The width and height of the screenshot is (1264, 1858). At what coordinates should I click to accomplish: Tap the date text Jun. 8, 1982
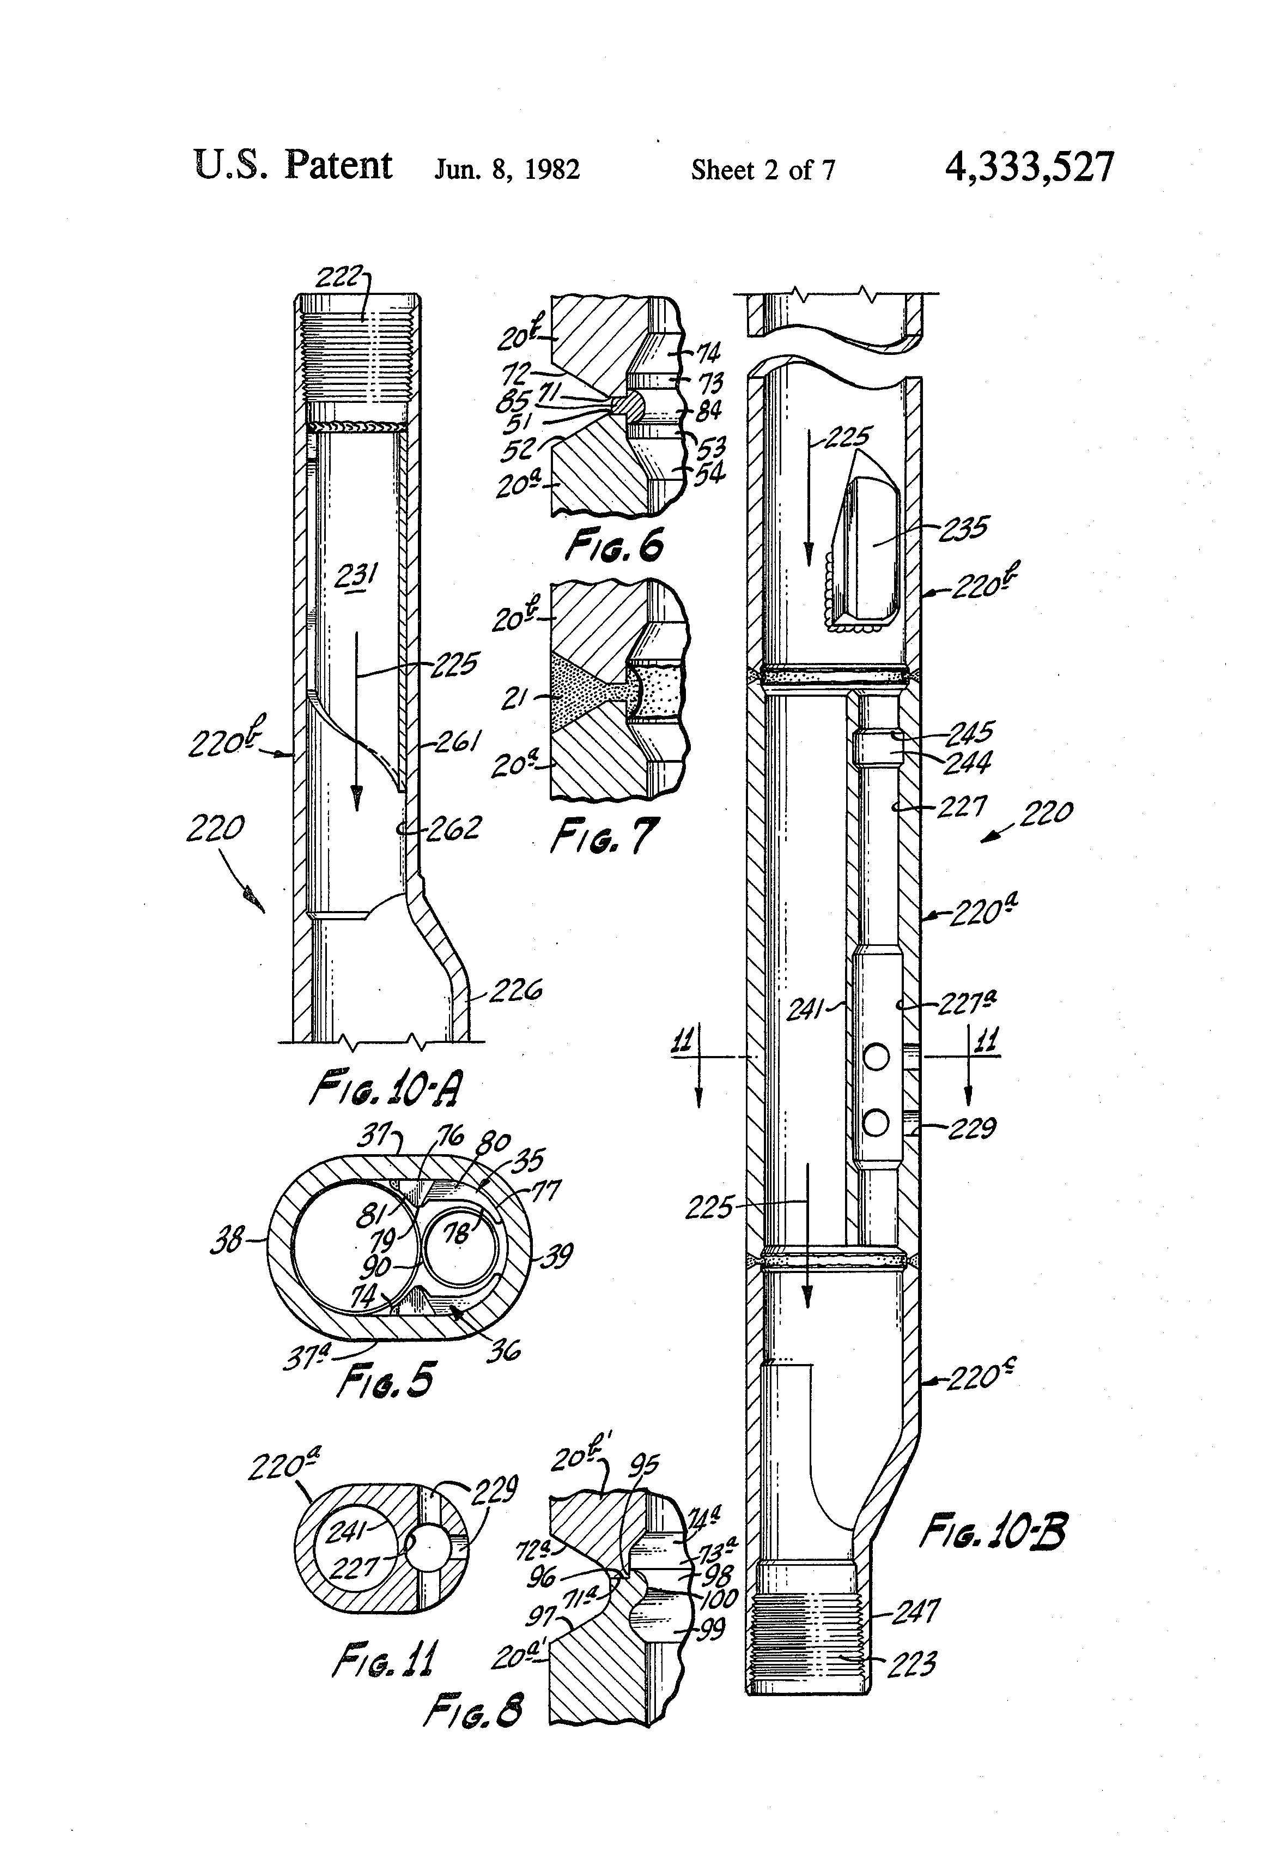pos(507,170)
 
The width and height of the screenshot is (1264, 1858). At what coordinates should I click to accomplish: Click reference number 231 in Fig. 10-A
pos(356,576)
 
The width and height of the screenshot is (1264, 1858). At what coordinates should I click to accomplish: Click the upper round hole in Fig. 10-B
pos(877,1058)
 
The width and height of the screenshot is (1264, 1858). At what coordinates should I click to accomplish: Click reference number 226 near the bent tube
pos(514,992)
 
